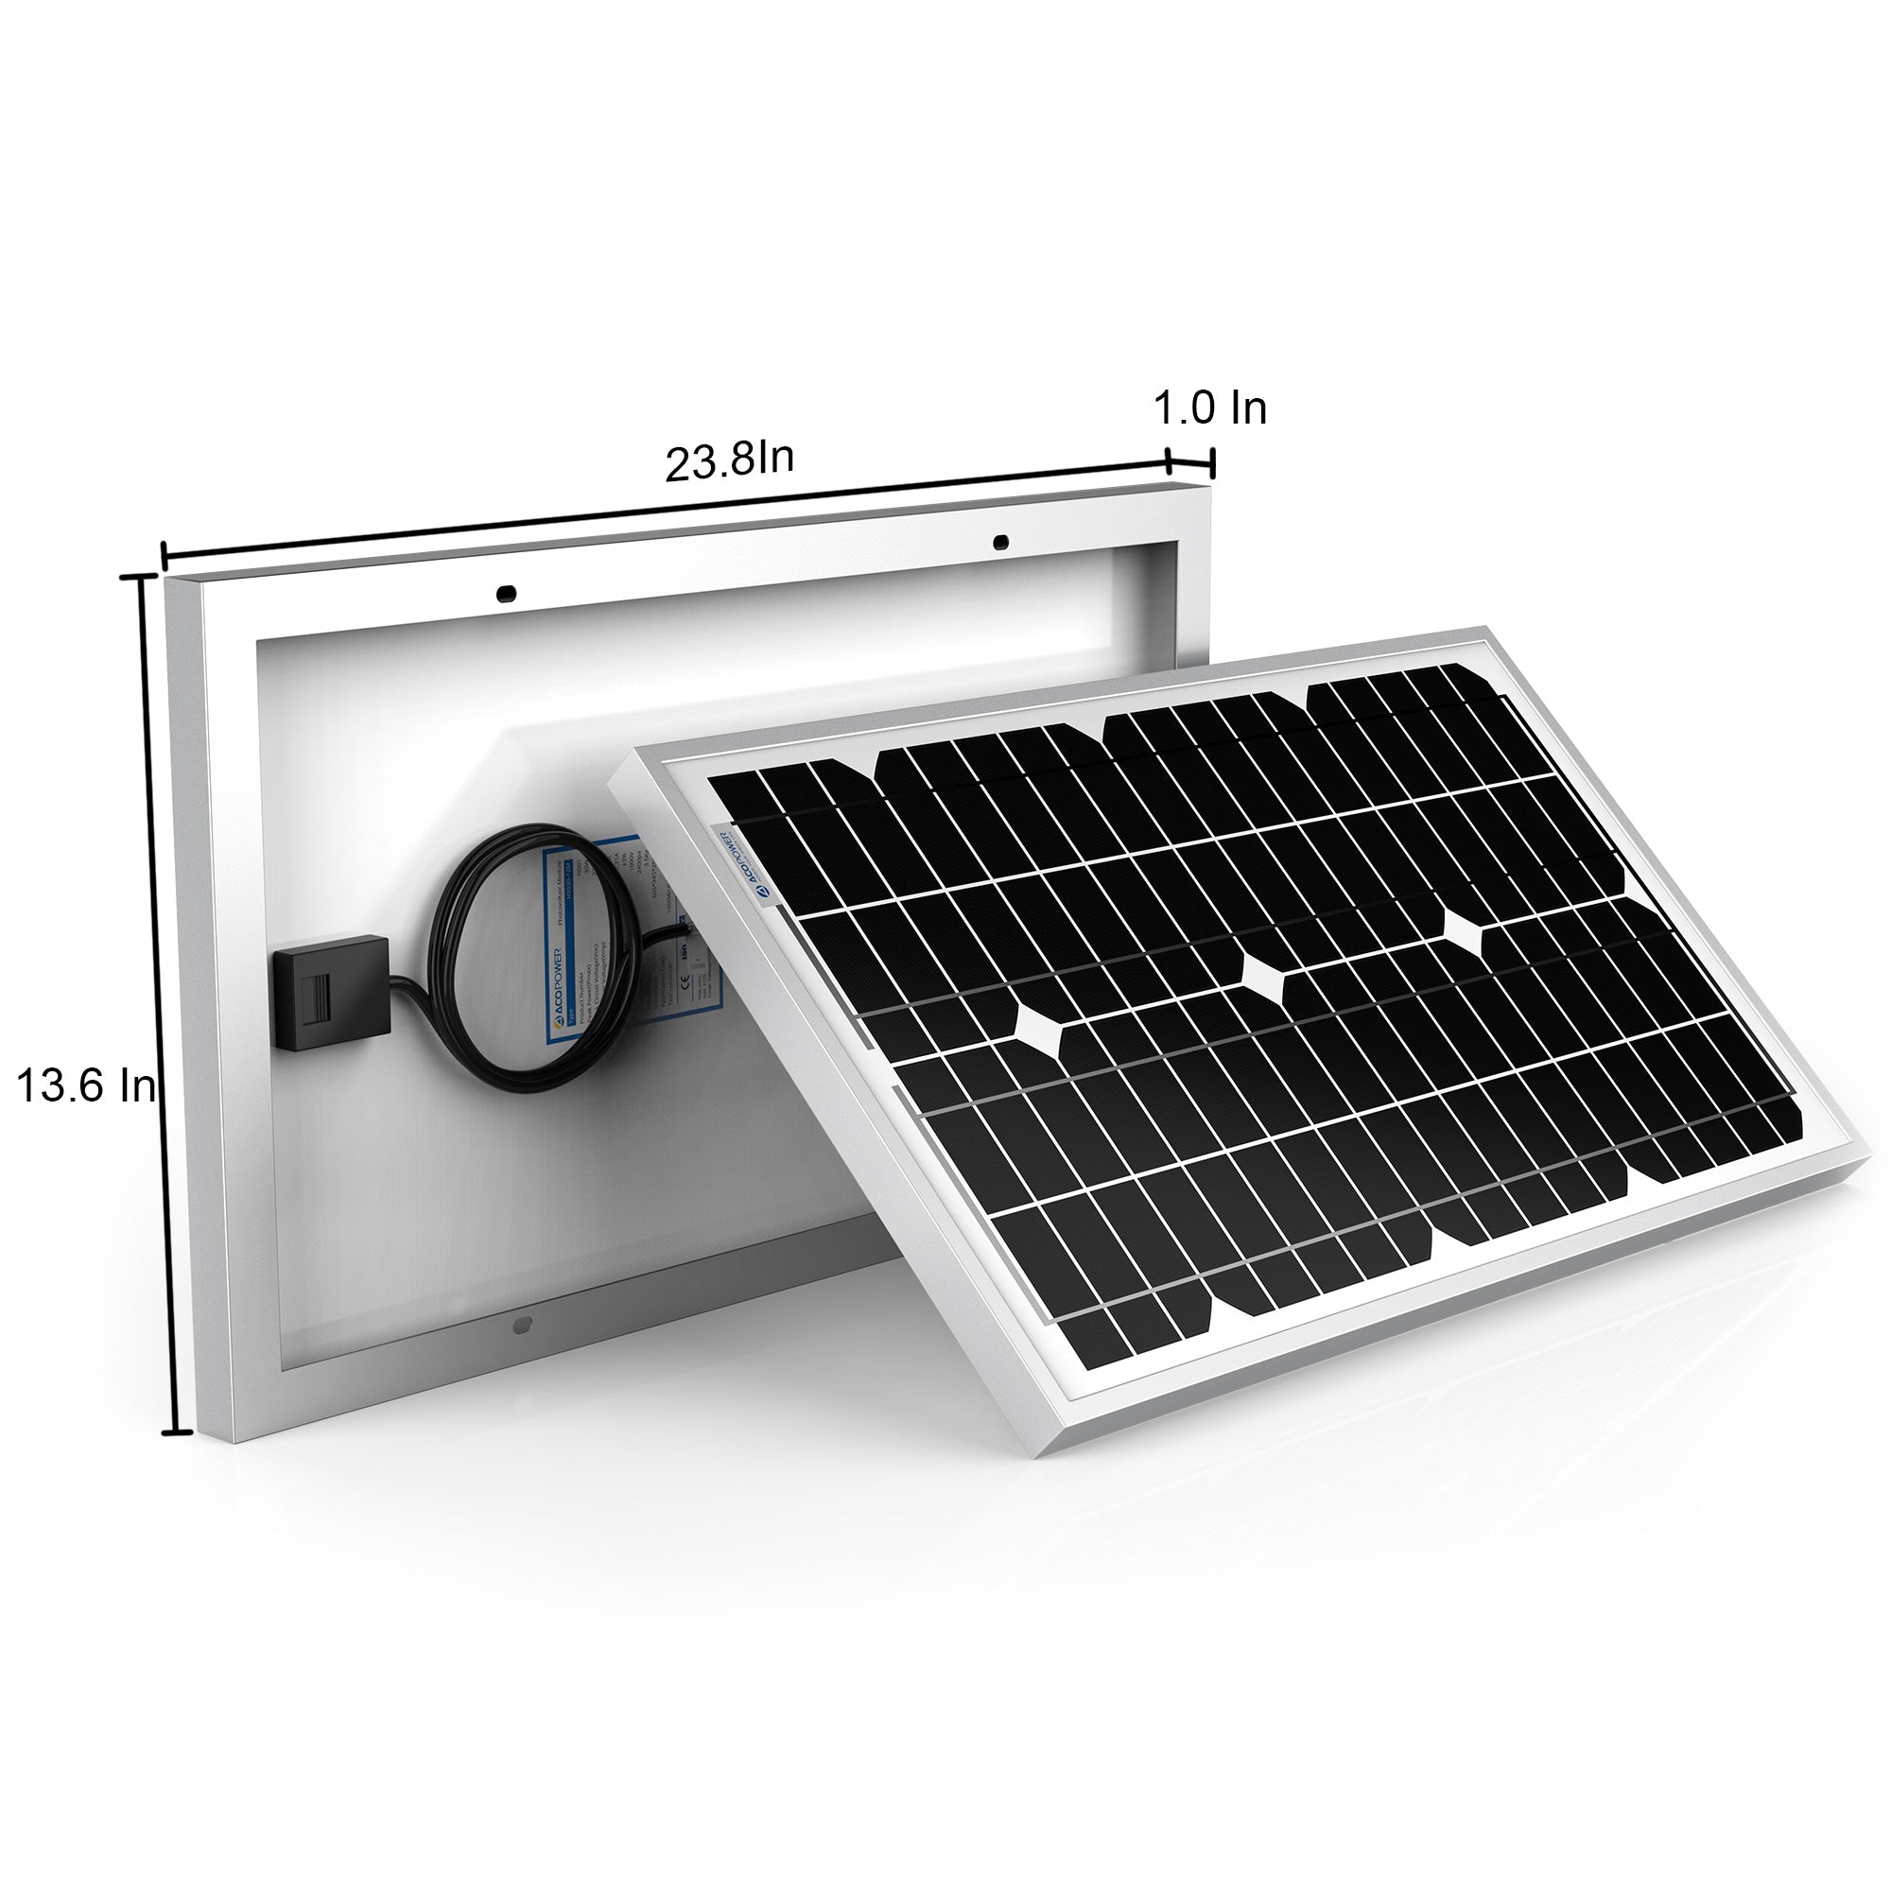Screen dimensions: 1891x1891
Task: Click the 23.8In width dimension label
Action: pyautogui.click(x=728, y=461)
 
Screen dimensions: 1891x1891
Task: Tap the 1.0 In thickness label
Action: pyautogui.click(x=1210, y=408)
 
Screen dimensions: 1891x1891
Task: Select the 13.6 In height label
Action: pyautogui.click(x=86, y=1085)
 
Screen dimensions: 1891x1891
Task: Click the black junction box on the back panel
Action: pyautogui.click(x=333, y=993)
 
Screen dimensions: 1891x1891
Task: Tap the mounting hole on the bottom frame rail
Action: pyautogui.click(x=522, y=1326)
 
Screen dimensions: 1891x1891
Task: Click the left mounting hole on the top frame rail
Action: pyautogui.click(x=506, y=593)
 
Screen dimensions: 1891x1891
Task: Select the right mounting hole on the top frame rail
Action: pyautogui.click(x=999, y=541)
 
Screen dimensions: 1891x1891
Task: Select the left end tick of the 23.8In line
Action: pyautogui.click(x=165, y=555)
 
